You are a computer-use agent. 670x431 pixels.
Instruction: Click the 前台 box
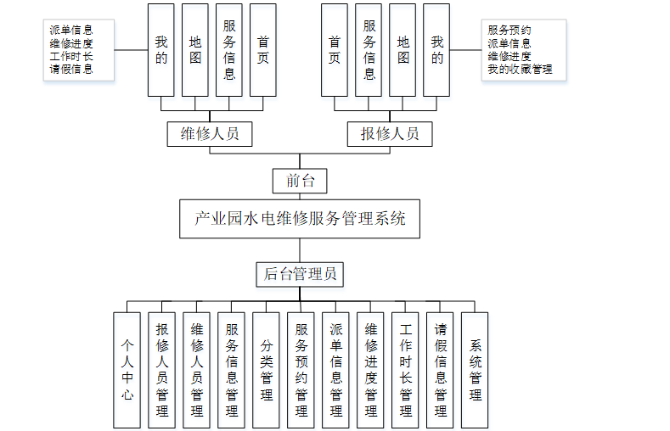[299, 181]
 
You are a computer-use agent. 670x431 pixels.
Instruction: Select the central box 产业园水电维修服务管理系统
[301, 219]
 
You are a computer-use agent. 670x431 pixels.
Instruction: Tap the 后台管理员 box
[300, 273]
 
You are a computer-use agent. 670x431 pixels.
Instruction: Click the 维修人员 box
[210, 133]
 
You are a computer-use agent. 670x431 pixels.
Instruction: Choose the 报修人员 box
[390, 133]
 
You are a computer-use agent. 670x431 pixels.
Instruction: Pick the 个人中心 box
[127, 369]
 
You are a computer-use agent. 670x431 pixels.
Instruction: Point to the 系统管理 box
[476, 369]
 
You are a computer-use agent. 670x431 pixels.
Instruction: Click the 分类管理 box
[266, 369]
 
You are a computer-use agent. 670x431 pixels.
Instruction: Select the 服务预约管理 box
[301, 369]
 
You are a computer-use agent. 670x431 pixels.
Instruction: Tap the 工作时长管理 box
[406, 369]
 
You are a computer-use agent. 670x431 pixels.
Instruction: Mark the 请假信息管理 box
[441, 369]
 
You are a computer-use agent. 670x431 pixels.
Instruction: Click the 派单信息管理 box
[335, 369]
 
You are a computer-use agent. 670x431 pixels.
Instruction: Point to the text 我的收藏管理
[520, 69]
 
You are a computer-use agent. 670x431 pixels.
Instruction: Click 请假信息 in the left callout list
[71, 69]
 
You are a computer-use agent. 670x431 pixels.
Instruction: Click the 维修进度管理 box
[371, 369]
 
